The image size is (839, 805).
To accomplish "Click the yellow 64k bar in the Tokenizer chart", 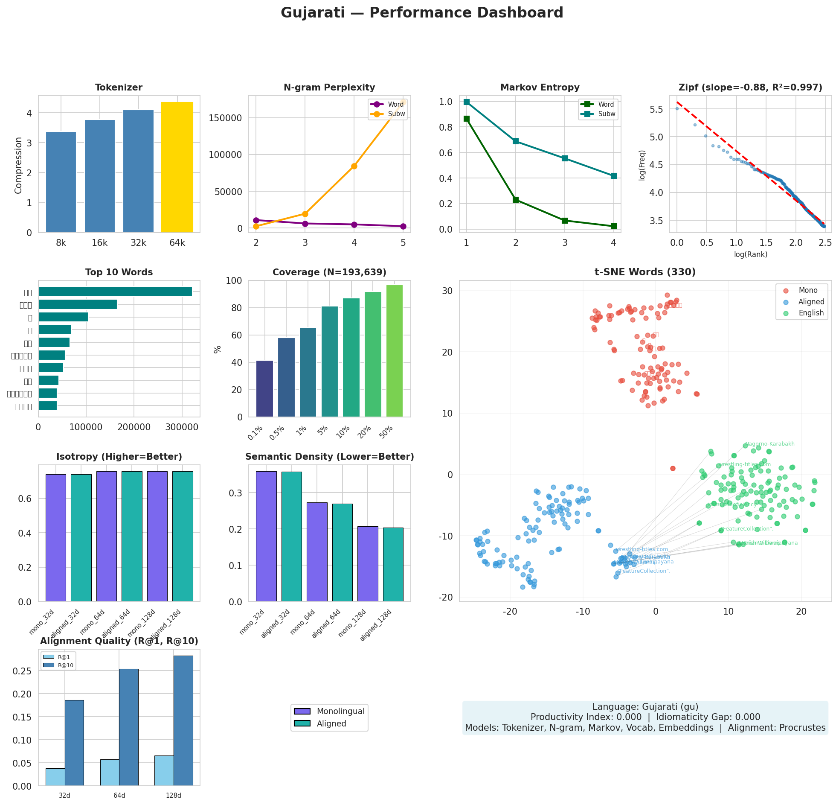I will (177, 167).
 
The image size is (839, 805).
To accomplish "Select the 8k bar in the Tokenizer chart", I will (61, 182).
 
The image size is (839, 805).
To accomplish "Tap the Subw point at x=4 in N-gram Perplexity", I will (354, 166).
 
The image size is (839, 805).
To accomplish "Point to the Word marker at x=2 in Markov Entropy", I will (515, 200).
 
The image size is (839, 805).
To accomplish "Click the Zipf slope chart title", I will (750, 88).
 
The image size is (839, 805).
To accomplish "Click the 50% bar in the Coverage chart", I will (394, 351).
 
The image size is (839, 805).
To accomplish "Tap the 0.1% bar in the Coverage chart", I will (264, 388).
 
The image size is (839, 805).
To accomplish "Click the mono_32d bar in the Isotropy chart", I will (55, 538).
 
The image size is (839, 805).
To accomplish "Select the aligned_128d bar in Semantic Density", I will (393, 564).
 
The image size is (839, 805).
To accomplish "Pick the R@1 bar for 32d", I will (55, 777).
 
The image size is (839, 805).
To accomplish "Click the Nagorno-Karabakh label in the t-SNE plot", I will (769, 444).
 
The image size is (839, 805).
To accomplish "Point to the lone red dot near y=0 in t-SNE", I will (673, 468).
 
